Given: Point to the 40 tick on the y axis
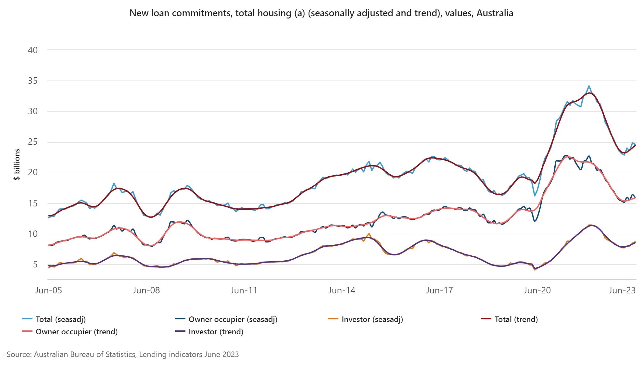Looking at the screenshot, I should point(33,50).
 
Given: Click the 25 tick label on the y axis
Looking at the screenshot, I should point(33,142).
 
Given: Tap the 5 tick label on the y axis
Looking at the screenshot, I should point(35,265).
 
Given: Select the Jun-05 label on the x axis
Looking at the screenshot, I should point(48,290).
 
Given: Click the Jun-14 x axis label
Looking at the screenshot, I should point(342,290).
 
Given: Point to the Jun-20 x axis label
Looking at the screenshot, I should point(537,290).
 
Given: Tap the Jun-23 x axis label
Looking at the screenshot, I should point(622,290).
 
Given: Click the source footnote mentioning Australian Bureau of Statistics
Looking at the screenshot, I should point(122,354).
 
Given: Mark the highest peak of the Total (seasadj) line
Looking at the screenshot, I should point(589,86).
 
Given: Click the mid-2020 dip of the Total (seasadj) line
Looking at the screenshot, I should point(535,196).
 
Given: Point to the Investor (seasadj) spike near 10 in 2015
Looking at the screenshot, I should point(369,234).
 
